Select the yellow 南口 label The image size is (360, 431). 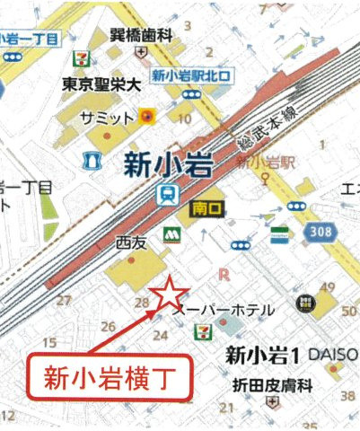tap(206, 207)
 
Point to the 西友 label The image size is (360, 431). tap(129, 242)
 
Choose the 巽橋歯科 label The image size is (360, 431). tap(141, 36)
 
